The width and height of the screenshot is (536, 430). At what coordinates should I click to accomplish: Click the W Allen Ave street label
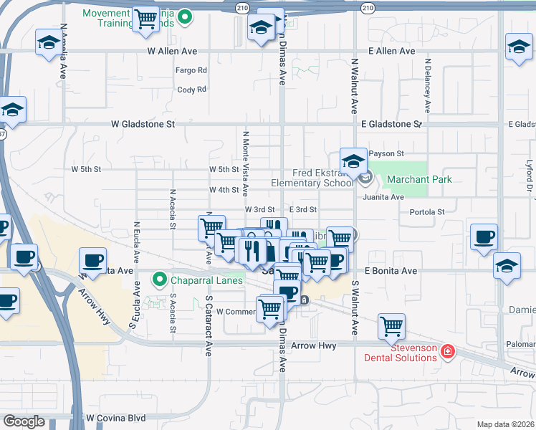coord(171,51)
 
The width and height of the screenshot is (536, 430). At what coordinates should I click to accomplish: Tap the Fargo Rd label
coord(191,70)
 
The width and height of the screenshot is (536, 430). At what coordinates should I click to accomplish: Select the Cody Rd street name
coord(191,90)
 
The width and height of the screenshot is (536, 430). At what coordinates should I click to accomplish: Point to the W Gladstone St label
coord(143,123)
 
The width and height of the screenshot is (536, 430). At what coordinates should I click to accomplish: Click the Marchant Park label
coord(419,179)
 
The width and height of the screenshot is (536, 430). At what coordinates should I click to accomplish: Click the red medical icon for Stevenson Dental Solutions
coord(448,351)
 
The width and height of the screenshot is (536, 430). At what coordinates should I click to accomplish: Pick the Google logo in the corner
coord(24,421)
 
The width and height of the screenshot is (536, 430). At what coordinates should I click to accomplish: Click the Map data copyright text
coord(505,424)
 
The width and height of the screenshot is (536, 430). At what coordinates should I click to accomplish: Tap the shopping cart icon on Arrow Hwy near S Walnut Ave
coord(392,327)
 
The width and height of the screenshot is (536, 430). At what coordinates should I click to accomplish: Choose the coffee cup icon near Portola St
coord(484,237)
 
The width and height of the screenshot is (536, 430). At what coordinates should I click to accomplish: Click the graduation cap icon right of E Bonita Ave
coord(507,267)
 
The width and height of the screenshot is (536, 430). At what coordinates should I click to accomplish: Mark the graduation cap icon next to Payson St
coord(353,162)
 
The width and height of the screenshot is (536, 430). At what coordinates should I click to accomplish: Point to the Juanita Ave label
coord(383,196)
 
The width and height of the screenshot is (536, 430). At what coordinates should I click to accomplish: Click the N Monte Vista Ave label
coord(245,163)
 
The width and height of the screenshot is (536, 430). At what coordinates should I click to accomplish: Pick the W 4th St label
coord(224,190)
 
